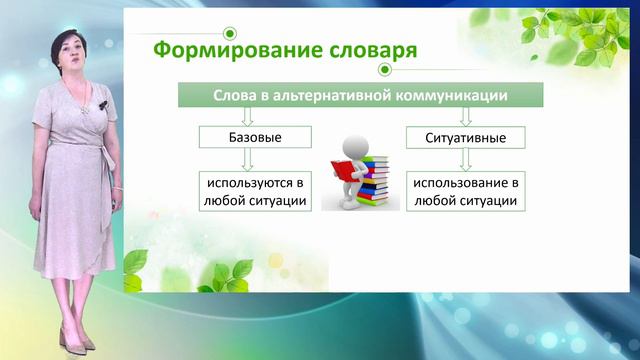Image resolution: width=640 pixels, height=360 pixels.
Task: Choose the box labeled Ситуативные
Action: click(467, 136)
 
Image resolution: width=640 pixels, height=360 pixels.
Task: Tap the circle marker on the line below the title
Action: click(384, 70)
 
